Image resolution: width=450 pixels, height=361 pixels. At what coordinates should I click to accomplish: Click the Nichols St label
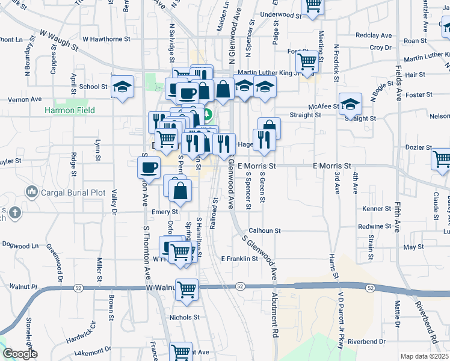(x=184, y=317)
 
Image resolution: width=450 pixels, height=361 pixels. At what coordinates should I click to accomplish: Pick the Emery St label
(x=165, y=212)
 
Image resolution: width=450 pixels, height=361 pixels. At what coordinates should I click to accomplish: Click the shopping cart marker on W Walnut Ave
(x=187, y=289)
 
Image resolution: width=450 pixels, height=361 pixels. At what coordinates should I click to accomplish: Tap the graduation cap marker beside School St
(x=122, y=87)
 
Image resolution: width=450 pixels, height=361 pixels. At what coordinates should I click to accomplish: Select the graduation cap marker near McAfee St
(x=350, y=103)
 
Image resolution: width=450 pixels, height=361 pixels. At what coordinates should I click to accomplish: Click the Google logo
(x=20, y=354)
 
